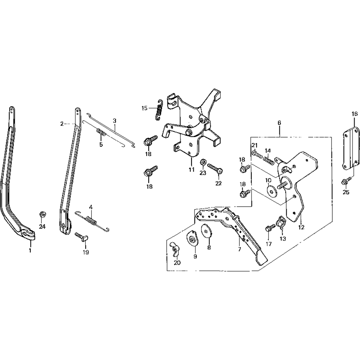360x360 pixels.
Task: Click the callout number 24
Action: [x=43, y=226]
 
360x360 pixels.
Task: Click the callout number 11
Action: [x=192, y=169]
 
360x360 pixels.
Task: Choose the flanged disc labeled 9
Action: [x=193, y=239]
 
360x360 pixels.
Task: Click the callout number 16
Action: [x=354, y=114]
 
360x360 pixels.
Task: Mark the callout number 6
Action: [x=279, y=123]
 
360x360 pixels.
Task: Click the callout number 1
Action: [x=30, y=250]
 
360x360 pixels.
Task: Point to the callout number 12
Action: [x=301, y=227]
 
